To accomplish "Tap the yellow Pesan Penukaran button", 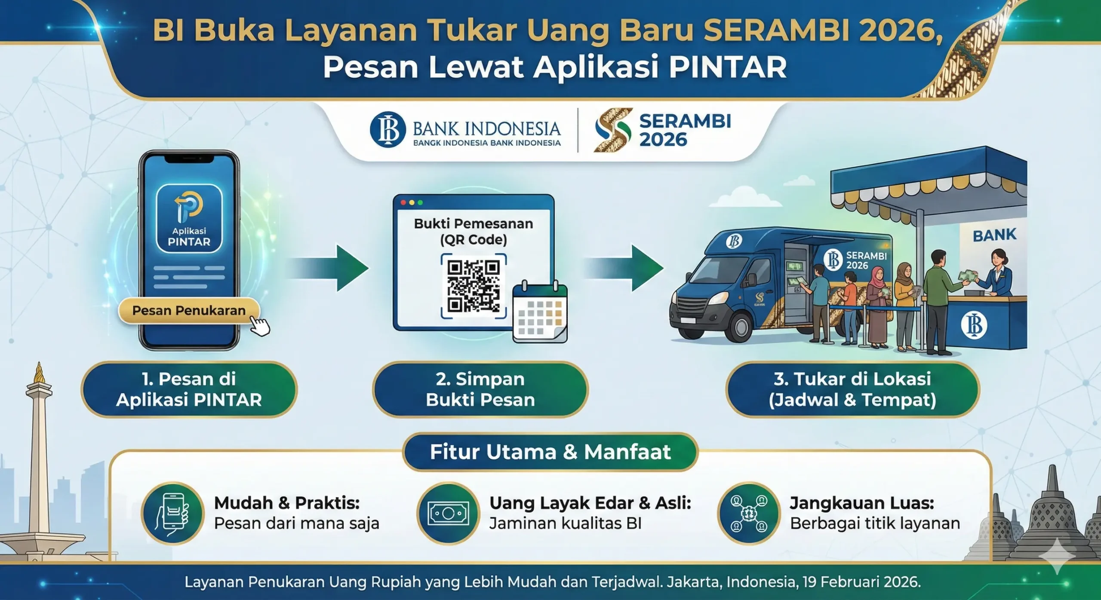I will pyautogui.click(x=189, y=310).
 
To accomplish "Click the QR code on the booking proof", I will pyautogui.click(x=474, y=286).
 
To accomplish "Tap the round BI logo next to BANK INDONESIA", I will pyautogui.click(x=388, y=129).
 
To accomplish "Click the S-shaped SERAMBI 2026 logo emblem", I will pyautogui.click(x=613, y=130).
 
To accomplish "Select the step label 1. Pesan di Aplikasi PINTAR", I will pyautogui.click(x=189, y=389).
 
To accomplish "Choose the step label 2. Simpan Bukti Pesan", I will pyautogui.click(x=480, y=389).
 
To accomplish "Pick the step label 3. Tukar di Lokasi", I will pyautogui.click(x=852, y=389).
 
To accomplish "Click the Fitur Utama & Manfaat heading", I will pyautogui.click(x=550, y=452).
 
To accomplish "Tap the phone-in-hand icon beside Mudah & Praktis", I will pyautogui.click(x=172, y=513).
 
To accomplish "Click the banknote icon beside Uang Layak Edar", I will pyautogui.click(x=448, y=513).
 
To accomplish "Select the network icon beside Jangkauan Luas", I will pyautogui.click(x=749, y=513).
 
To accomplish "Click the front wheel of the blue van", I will pyautogui.click(x=739, y=327).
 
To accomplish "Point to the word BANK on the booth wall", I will pyautogui.click(x=994, y=236).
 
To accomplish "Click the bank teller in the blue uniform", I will pyautogui.click(x=997, y=275).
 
